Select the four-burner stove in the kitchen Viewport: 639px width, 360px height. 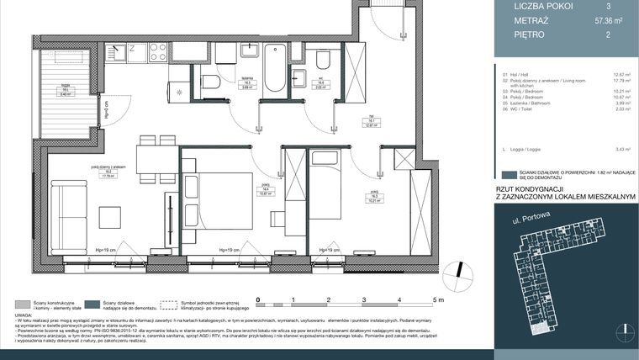(x=157, y=52)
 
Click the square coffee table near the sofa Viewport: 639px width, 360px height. (x=110, y=217)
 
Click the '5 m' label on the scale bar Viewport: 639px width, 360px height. (x=437, y=299)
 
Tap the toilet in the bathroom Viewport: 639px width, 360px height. (x=210, y=81)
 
